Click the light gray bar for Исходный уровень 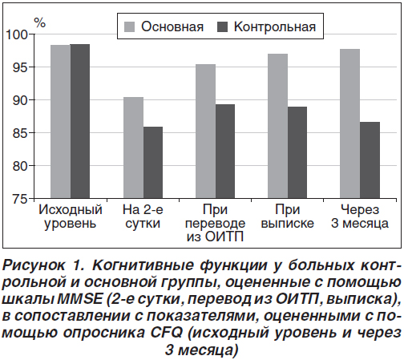tap(60, 122)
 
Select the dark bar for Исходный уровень tap(80, 121)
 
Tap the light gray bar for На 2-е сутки tap(133, 148)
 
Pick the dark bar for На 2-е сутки tap(153, 163)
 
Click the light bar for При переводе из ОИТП tap(205, 131)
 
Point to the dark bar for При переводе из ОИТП tap(225, 152)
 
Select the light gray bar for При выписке tap(278, 126)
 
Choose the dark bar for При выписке tap(297, 152)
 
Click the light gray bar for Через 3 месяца tap(350, 123)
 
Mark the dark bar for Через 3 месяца tap(370, 160)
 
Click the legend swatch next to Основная tap(129, 27)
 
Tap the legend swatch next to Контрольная tap(222, 27)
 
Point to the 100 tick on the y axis tap(31, 34)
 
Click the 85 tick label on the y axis tap(20, 133)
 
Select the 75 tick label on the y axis tap(20, 199)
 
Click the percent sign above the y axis tap(40, 23)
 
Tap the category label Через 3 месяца tap(360, 216)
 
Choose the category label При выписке tap(288, 216)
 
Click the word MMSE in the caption tap(79, 299)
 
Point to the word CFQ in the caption tap(167, 333)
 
